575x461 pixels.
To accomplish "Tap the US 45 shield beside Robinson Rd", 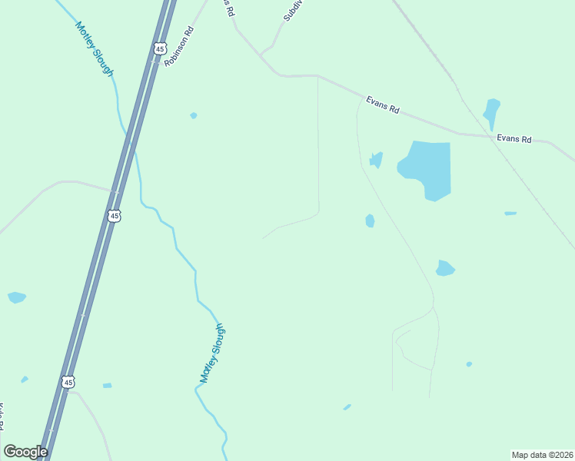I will click(x=160, y=48).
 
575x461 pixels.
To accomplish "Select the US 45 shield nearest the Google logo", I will click(x=68, y=382).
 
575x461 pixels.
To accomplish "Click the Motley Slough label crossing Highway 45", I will click(x=94, y=48).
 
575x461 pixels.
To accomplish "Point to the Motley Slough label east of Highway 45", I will click(x=212, y=353).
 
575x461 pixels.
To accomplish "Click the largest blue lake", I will click(x=427, y=168).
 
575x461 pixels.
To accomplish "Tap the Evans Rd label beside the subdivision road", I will click(x=382, y=105).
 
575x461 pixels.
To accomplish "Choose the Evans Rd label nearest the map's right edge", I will click(x=514, y=139).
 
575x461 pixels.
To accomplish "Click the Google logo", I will click(x=25, y=452).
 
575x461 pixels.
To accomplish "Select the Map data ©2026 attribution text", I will click(x=542, y=455).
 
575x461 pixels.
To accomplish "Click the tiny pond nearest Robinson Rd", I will click(x=194, y=116).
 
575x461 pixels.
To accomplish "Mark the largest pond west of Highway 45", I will click(x=16, y=297).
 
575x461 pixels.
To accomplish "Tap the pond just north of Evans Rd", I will click(x=491, y=113).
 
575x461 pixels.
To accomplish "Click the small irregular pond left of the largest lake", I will click(x=376, y=159).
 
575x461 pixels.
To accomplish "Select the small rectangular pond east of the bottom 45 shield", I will click(x=107, y=385).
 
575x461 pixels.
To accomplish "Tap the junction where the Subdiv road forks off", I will click(x=261, y=56).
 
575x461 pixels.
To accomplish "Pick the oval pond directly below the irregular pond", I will click(x=370, y=221).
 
